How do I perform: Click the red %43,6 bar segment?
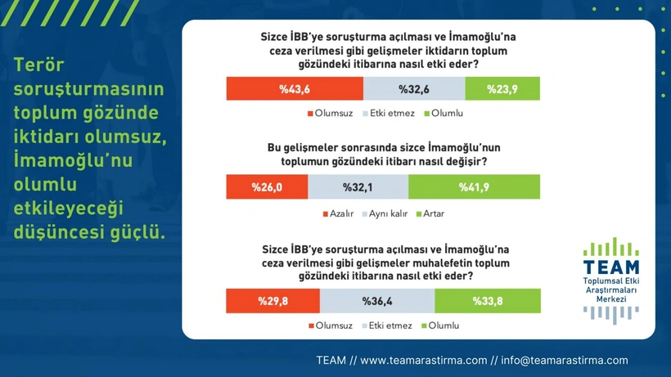point(295,88)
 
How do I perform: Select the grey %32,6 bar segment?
point(414,88)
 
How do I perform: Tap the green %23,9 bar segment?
point(502,88)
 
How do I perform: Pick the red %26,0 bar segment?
point(267,186)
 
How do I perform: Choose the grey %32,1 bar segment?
point(358,186)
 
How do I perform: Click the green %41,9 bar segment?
point(474,186)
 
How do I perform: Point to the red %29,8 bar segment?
point(273,301)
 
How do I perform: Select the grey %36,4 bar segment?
point(377,301)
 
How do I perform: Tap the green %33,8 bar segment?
point(488,301)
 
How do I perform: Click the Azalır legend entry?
point(338,213)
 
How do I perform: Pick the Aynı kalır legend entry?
point(385,213)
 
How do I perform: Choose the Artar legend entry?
point(430,213)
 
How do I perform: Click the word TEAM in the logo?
point(611,267)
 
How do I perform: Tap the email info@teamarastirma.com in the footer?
point(565,361)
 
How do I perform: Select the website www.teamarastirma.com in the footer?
point(424,361)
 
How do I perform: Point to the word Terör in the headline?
point(39,65)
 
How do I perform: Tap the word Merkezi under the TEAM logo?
point(611,299)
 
